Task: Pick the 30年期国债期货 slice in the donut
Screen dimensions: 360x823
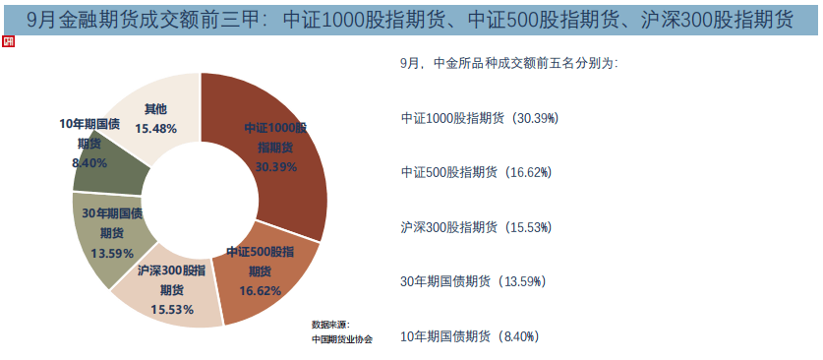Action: (x=108, y=236)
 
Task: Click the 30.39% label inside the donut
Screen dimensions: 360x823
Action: (x=275, y=167)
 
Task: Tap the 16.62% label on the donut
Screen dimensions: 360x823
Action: (x=261, y=290)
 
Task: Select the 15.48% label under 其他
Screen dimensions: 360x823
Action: (x=155, y=129)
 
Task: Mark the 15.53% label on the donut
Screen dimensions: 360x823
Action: (x=171, y=309)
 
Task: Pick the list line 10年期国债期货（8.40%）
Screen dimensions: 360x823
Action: (x=470, y=336)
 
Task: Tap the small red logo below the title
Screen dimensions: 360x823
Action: (x=9, y=42)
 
